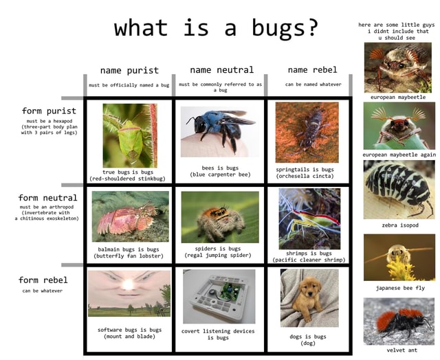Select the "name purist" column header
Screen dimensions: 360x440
pos(129,70)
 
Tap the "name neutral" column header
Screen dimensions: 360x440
pos(221,69)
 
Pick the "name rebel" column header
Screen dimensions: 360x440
pos(312,69)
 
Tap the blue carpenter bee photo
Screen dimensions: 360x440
pos(218,131)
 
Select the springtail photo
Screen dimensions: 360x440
pos(307,132)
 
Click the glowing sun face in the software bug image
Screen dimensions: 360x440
pos(129,284)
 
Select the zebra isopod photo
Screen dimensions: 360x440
pos(399,190)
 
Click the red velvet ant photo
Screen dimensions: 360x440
pos(399,321)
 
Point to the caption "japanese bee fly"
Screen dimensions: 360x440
pos(399,288)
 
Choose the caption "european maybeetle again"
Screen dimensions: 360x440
pos(399,155)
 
